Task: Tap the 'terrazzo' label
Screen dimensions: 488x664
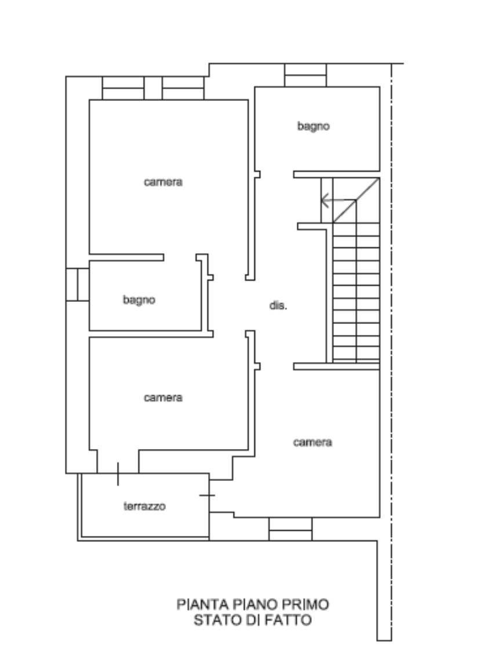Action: point(144,506)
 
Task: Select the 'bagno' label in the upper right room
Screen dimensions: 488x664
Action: point(313,126)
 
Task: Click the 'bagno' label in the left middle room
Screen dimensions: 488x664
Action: point(139,300)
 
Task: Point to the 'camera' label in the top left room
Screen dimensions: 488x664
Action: point(163,182)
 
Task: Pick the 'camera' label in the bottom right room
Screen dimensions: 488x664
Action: point(312,442)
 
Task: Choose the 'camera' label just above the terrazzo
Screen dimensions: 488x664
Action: point(163,397)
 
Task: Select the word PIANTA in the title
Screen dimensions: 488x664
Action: point(203,604)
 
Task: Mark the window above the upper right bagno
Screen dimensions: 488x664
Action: point(305,75)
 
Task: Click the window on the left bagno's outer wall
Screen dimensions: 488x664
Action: point(78,284)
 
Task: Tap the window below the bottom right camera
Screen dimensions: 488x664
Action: point(290,529)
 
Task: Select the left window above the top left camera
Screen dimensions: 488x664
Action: point(123,88)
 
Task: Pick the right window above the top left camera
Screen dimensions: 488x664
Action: point(183,88)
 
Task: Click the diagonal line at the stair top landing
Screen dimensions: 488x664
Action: point(356,200)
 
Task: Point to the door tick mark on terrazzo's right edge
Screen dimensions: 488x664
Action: point(207,495)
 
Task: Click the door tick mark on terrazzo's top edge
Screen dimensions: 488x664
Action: point(118,474)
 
